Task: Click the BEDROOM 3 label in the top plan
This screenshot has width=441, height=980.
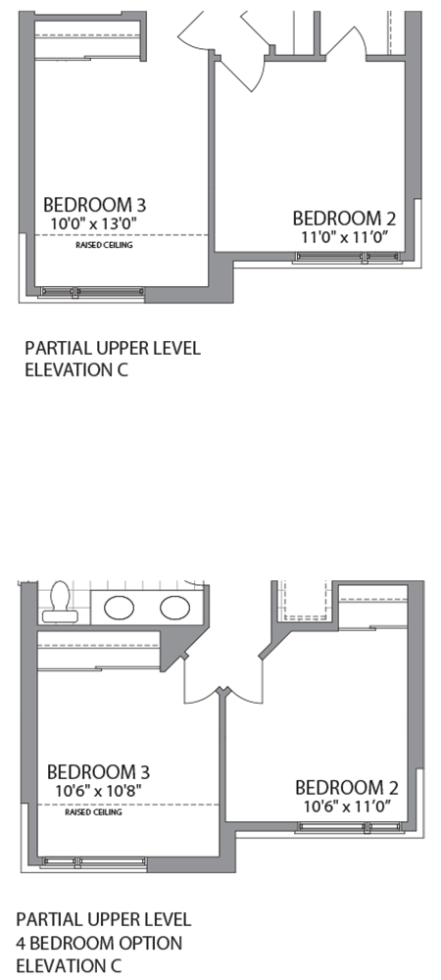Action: pyautogui.click(x=95, y=205)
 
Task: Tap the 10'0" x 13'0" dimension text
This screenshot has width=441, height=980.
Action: pyautogui.click(x=95, y=223)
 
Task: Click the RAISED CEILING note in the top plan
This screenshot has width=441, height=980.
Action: pyautogui.click(x=104, y=245)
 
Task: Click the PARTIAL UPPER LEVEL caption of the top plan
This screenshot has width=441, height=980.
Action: pyautogui.click(x=113, y=348)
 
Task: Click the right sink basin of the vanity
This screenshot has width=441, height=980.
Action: pyautogui.click(x=174, y=607)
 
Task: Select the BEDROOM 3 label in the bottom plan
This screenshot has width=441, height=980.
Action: pyautogui.click(x=98, y=771)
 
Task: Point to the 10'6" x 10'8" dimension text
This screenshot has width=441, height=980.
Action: pyautogui.click(x=97, y=790)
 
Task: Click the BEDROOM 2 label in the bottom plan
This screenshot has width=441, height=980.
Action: pyautogui.click(x=347, y=787)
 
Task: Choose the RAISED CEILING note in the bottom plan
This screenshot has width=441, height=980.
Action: pyautogui.click(x=93, y=812)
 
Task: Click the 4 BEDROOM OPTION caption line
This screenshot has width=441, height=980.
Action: pyautogui.click(x=99, y=944)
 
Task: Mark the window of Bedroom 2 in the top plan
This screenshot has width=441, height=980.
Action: pyautogui.click(x=347, y=258)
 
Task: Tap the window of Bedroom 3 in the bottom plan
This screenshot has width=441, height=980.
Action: pyautogui.click(x=94, y=861)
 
